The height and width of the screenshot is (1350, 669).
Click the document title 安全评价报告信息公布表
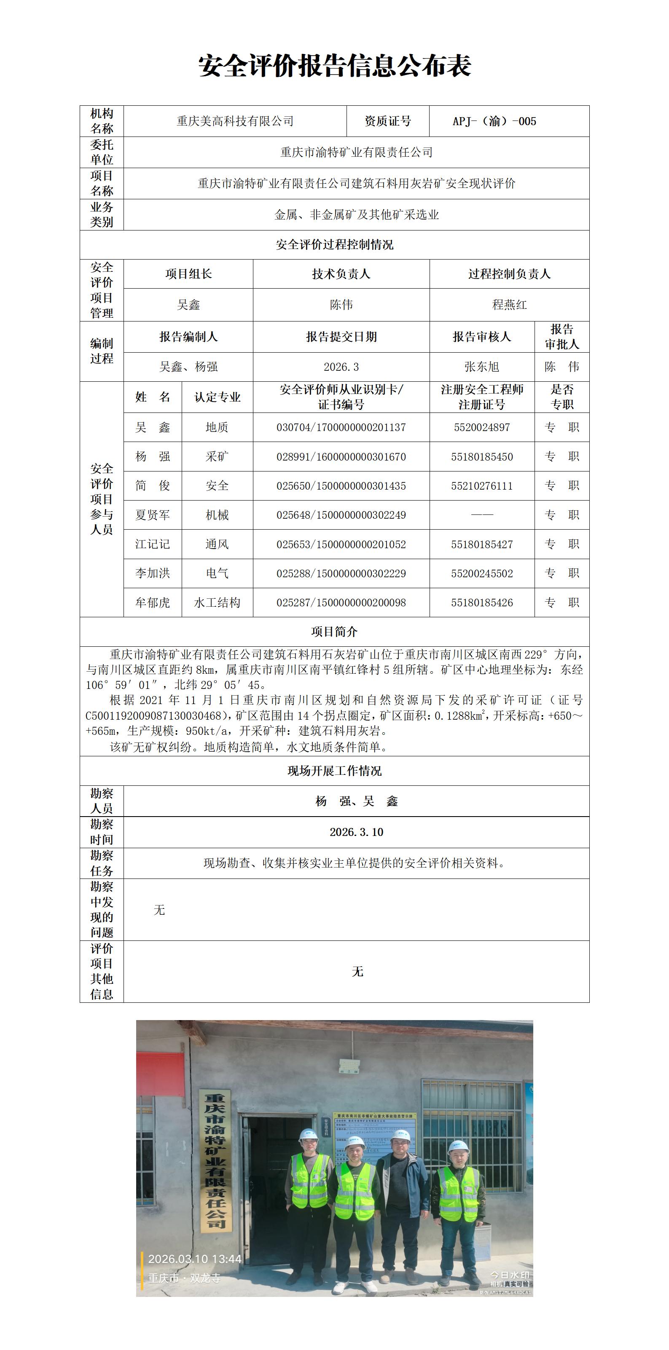[335, 66]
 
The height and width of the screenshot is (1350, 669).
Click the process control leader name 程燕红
[509, 305]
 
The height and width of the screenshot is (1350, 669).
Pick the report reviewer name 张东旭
[481, 367]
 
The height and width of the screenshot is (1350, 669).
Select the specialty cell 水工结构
[217, 603]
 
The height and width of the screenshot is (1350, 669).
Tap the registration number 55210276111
[481, 486]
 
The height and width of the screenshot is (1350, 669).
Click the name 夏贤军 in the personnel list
[153, 515]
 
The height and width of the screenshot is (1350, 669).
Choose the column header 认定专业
[217, 397]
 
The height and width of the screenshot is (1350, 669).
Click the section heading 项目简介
[335, 632]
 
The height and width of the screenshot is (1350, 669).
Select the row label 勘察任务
[102, 863]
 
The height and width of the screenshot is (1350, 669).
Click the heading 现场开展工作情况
[335, 771]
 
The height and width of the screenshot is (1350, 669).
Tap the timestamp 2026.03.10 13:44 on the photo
[194, 1259]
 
